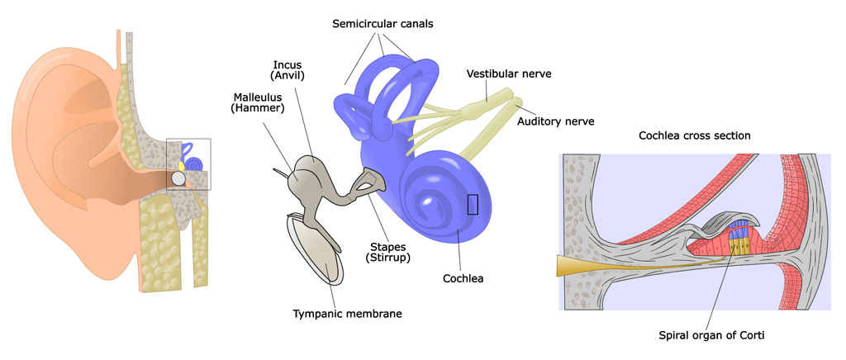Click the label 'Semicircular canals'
383,24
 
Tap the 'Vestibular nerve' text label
508,73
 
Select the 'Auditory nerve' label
556,121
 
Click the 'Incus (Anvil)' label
289,70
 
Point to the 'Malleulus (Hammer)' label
258,102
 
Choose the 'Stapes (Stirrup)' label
390,251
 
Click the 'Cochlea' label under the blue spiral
462,278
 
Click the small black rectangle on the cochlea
473,203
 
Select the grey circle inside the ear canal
178,178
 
